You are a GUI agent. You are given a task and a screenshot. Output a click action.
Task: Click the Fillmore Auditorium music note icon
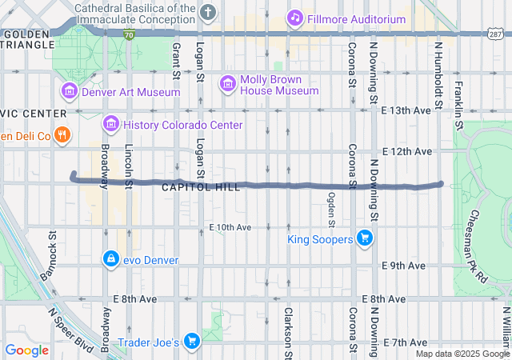coord(294,18)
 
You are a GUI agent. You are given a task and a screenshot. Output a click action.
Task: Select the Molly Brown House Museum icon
coord(228,83)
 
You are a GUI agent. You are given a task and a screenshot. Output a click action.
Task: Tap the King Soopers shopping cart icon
coord(365,238)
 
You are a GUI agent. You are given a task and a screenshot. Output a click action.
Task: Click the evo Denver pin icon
coord(110,259)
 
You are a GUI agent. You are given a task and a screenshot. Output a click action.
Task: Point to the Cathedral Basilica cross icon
coord(208,12)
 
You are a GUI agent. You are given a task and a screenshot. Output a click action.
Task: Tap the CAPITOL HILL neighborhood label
coord(200,187)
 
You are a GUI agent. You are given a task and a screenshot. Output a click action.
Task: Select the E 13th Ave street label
coord(407,110)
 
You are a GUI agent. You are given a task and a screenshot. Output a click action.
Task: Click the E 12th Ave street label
coord(407,151)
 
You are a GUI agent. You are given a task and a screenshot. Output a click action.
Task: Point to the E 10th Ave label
coord(231,228)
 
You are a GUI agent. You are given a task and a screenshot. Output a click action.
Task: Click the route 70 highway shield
coord(129,35)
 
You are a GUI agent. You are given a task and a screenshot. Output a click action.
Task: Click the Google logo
coord(26,350)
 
